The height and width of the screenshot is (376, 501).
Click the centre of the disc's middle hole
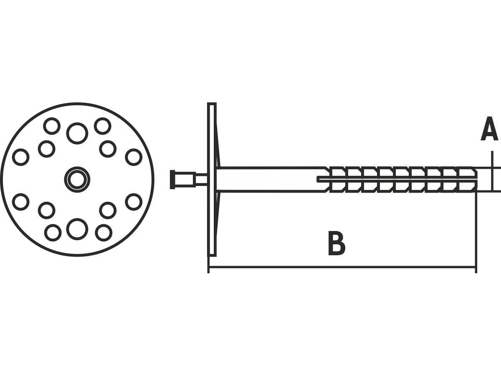(x=77, y=180)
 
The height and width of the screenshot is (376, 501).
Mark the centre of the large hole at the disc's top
(x=77, y=133)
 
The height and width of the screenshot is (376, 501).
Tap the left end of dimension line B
(x=208, y=267)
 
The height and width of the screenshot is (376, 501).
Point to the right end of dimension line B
(x=476, y=267)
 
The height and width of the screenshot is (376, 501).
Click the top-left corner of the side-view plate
(x=207, y=103)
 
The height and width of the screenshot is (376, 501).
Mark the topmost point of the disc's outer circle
(x=77, y=103)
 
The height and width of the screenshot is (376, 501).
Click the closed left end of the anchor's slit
(x=317, y=179)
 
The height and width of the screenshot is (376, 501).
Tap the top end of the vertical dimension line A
(x=492, y=151)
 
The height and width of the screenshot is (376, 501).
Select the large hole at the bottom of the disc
(x=77, y=229)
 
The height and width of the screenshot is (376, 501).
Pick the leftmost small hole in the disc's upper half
(x=21, y=157)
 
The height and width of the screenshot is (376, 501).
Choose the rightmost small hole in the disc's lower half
(x=134, y=202)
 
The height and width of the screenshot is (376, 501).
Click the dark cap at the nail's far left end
(x=173, y=180)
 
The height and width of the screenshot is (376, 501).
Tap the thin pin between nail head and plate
(x=202, y=180)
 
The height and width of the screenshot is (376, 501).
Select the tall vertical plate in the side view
(x=212, y=179)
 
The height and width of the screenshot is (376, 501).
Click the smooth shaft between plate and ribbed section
(x=272, y=180)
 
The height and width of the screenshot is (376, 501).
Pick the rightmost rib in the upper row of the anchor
(x=467, y=173)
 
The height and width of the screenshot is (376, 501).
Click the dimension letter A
(x=489, y=129)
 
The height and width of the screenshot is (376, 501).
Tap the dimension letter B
(x=337, y=243)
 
